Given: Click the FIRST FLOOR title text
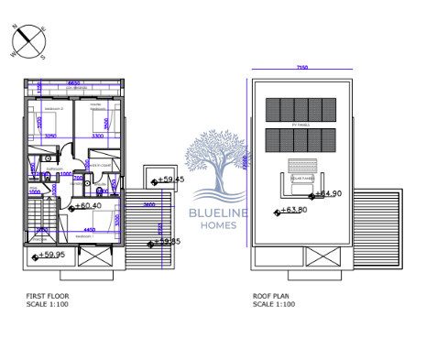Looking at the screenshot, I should (47, 296).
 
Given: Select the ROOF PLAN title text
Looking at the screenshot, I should (272, 296).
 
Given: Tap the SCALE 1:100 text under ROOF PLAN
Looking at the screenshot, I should (275, 304).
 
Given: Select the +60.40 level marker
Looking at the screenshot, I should (85, 206).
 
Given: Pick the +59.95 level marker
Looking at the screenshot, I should (49, 256).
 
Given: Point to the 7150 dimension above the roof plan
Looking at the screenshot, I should (300, 68).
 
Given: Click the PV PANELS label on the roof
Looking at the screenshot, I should (300, 123).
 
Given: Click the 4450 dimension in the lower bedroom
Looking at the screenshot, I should (90, 230).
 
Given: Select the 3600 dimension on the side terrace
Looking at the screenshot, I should (148, 205).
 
